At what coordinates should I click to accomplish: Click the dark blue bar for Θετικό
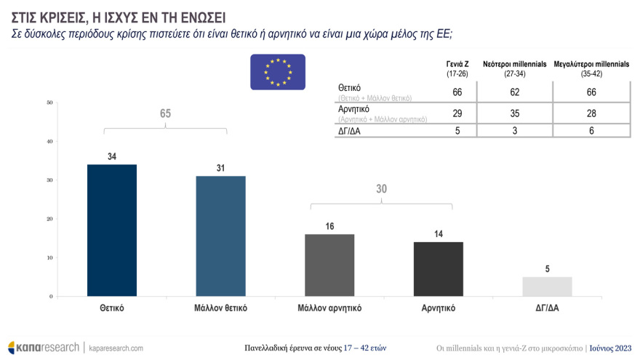[112, 231]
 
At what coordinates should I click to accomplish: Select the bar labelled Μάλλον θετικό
[220, 236]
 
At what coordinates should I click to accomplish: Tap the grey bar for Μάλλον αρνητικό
[329, 265]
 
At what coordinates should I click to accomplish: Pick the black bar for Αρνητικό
[439, 269]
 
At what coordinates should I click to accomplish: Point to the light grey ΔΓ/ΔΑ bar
[547, 287]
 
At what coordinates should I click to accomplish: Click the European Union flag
[278, 72]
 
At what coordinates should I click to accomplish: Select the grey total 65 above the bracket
[165, 113]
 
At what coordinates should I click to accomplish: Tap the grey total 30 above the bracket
[382, 189]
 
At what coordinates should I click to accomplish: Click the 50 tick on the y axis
[49, 103]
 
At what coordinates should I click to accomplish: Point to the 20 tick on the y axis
[49, 219]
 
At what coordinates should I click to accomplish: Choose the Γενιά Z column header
[457, 68]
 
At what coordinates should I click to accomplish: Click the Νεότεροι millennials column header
[514, 68]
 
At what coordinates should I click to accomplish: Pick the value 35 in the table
[514, 113]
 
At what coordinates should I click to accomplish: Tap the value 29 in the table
[457, 113]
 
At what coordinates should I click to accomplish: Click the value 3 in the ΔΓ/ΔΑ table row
[514, 131]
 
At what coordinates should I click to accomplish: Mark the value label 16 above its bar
[329, 227]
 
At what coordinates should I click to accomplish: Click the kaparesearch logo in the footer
[44, 348]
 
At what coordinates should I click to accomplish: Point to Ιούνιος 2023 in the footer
[611, 348]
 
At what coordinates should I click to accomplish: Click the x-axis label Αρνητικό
[439, 308]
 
